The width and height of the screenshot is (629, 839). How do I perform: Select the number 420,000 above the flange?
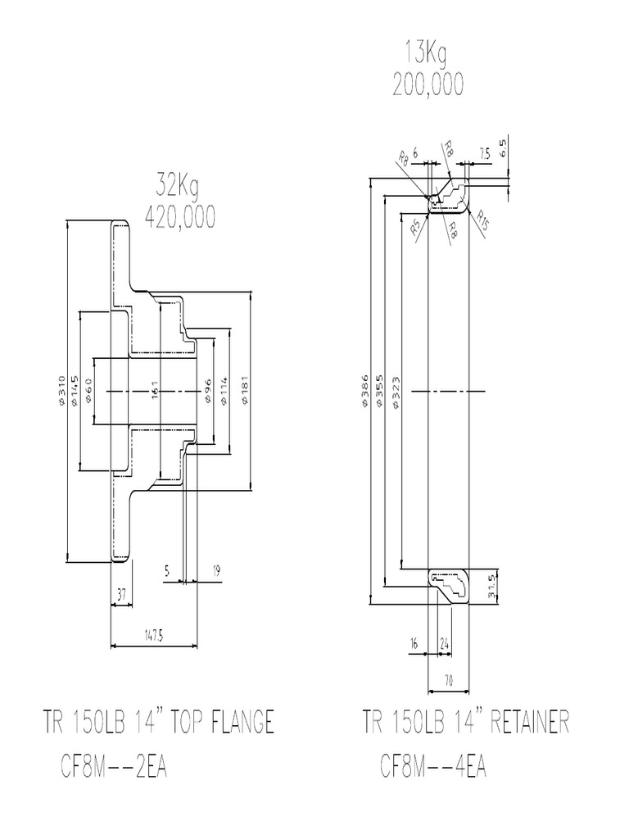pyautogui.click(x=179, y=216)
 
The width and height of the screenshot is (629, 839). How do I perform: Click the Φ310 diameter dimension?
pyautogui.click(x=62, y=392)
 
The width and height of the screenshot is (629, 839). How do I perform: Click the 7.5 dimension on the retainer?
pyautogui.click(x=484, y=153)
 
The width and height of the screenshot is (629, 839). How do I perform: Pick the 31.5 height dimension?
pyautogui.click(x=491, y=587)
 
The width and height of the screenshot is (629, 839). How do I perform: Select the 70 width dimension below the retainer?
pyautogui.click(x=448, y=679)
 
